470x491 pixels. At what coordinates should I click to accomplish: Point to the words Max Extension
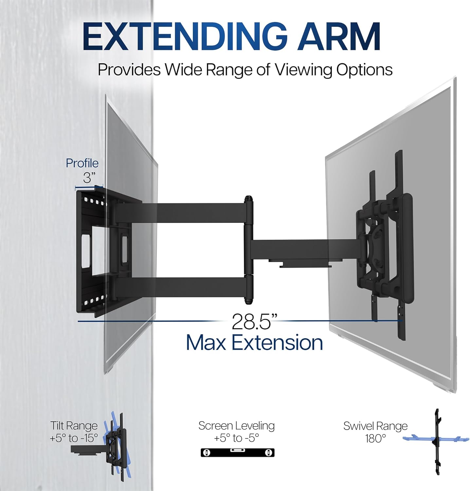coord(254,343)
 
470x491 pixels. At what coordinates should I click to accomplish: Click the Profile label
coord(82,163)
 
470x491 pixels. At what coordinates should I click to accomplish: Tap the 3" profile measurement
coord(89,178)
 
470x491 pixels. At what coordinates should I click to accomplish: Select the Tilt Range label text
coord(74,426)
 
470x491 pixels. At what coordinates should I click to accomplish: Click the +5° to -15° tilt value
coord(74,438)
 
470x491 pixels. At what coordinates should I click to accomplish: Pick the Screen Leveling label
coord(236,426)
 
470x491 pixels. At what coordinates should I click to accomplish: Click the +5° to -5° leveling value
coord(236,438)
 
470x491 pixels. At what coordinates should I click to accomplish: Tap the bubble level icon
coord(237,453)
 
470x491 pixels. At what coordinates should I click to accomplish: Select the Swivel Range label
coord(375,426)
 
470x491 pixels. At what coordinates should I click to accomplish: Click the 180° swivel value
coord(375,438)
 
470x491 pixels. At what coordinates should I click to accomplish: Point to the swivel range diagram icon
coord(437,442)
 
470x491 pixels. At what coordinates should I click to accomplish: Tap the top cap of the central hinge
coord(248,199)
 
